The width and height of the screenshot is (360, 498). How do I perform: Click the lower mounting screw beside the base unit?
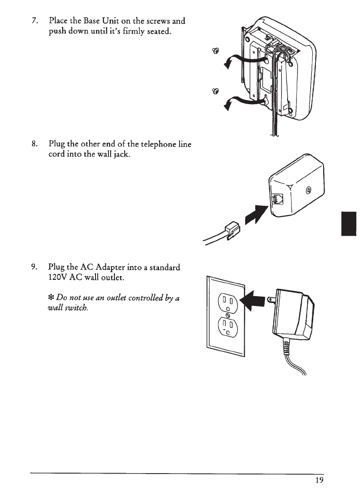click(x=216, y=90)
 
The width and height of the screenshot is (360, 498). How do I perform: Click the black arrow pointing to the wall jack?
click(x=257, y=216)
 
